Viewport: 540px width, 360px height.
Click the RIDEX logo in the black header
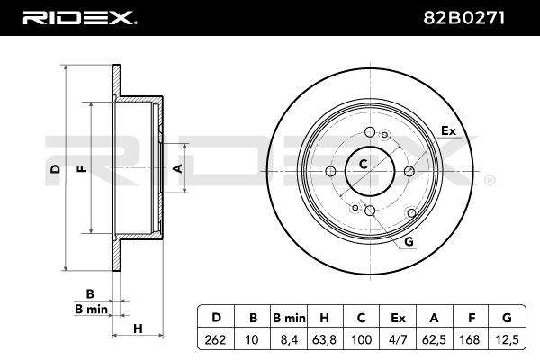[x=79, y=18]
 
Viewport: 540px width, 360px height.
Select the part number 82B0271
[x=463, y=18]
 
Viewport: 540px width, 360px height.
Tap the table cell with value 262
[x=215, y=339]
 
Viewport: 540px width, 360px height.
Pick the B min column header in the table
[x=289, y=318]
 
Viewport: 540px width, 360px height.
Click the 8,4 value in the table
[x=289, y=339]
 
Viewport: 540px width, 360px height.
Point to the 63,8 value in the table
[x=324, y=339]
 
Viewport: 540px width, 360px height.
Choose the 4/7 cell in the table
[x=398, y=339]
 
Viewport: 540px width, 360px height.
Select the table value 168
[x=470, y=339]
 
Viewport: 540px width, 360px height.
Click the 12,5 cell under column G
[x=506, y=339]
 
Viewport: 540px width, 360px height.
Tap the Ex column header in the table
[x=398, y=318]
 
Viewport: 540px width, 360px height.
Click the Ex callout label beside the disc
[x=448, y=130]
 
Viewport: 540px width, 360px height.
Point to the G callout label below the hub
[x=409, y=241]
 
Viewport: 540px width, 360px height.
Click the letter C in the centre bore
[x=363, y=165]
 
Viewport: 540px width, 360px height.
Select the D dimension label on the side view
[x=56, y=169]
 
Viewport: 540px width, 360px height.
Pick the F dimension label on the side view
[x=82, y=169]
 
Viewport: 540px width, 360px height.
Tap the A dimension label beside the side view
[x=177, y=168]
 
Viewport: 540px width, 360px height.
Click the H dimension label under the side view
[x=138, y=328]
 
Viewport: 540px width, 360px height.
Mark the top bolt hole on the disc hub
[x=370, y=132]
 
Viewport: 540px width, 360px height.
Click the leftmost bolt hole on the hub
[x=330, y=171]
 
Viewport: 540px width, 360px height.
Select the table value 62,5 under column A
[x=434, y=339]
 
